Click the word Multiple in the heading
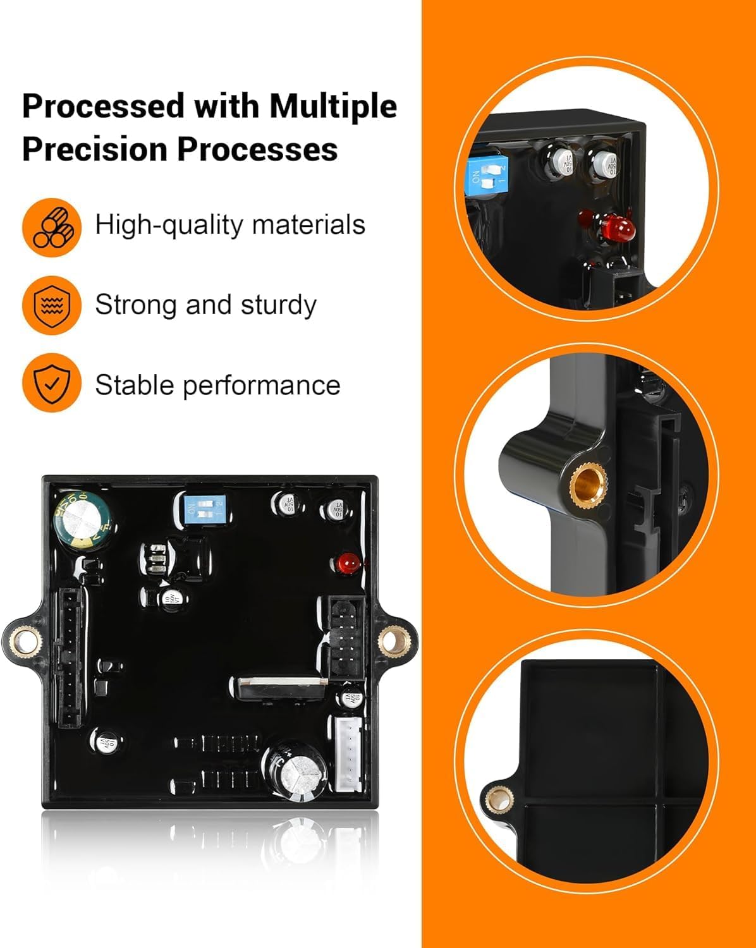[x=332, y=106]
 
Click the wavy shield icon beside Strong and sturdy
[x=51, y=305]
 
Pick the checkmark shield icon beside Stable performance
[x=51, y=383]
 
